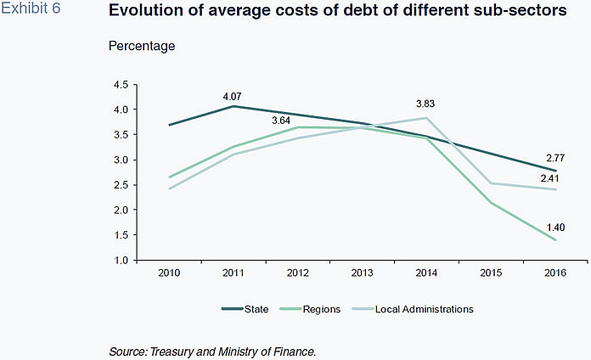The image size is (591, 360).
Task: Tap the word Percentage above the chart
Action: click(x=142, y=45)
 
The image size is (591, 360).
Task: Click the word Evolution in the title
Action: click(x=145, y=13)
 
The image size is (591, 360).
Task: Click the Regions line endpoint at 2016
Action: click(x=556, y=239)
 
